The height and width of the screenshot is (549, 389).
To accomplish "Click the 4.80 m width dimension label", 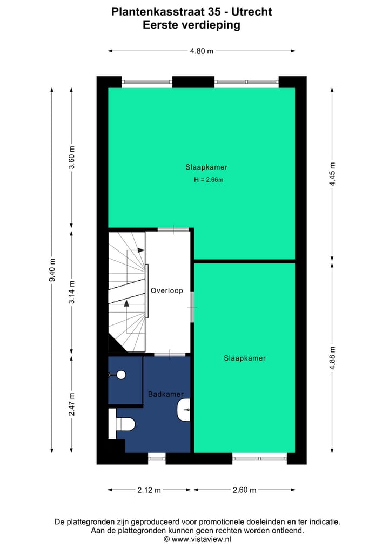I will tap(202, 51).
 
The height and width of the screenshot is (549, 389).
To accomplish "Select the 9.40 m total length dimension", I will tap(52, 269).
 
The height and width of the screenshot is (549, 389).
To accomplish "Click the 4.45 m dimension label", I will tap(332, 174).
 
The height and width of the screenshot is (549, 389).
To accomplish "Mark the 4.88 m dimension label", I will tap(332, 357).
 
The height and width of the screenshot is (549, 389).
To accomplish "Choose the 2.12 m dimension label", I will tap(150, 490).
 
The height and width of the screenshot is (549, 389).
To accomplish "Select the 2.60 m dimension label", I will tap(244, 490).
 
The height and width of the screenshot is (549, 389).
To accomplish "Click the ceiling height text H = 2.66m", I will tap(209, 180).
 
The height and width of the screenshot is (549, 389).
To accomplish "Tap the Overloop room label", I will tap(167, 290).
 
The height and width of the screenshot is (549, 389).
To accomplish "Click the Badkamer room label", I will tap(165, 395).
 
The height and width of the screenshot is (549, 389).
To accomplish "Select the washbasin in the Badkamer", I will tap(184, 410).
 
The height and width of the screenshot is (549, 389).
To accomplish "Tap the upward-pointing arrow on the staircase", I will tap(127, 303).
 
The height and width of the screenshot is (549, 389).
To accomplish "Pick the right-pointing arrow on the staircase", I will tap(140, 250).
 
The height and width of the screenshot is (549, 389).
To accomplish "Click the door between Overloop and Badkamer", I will tap(169, 355).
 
